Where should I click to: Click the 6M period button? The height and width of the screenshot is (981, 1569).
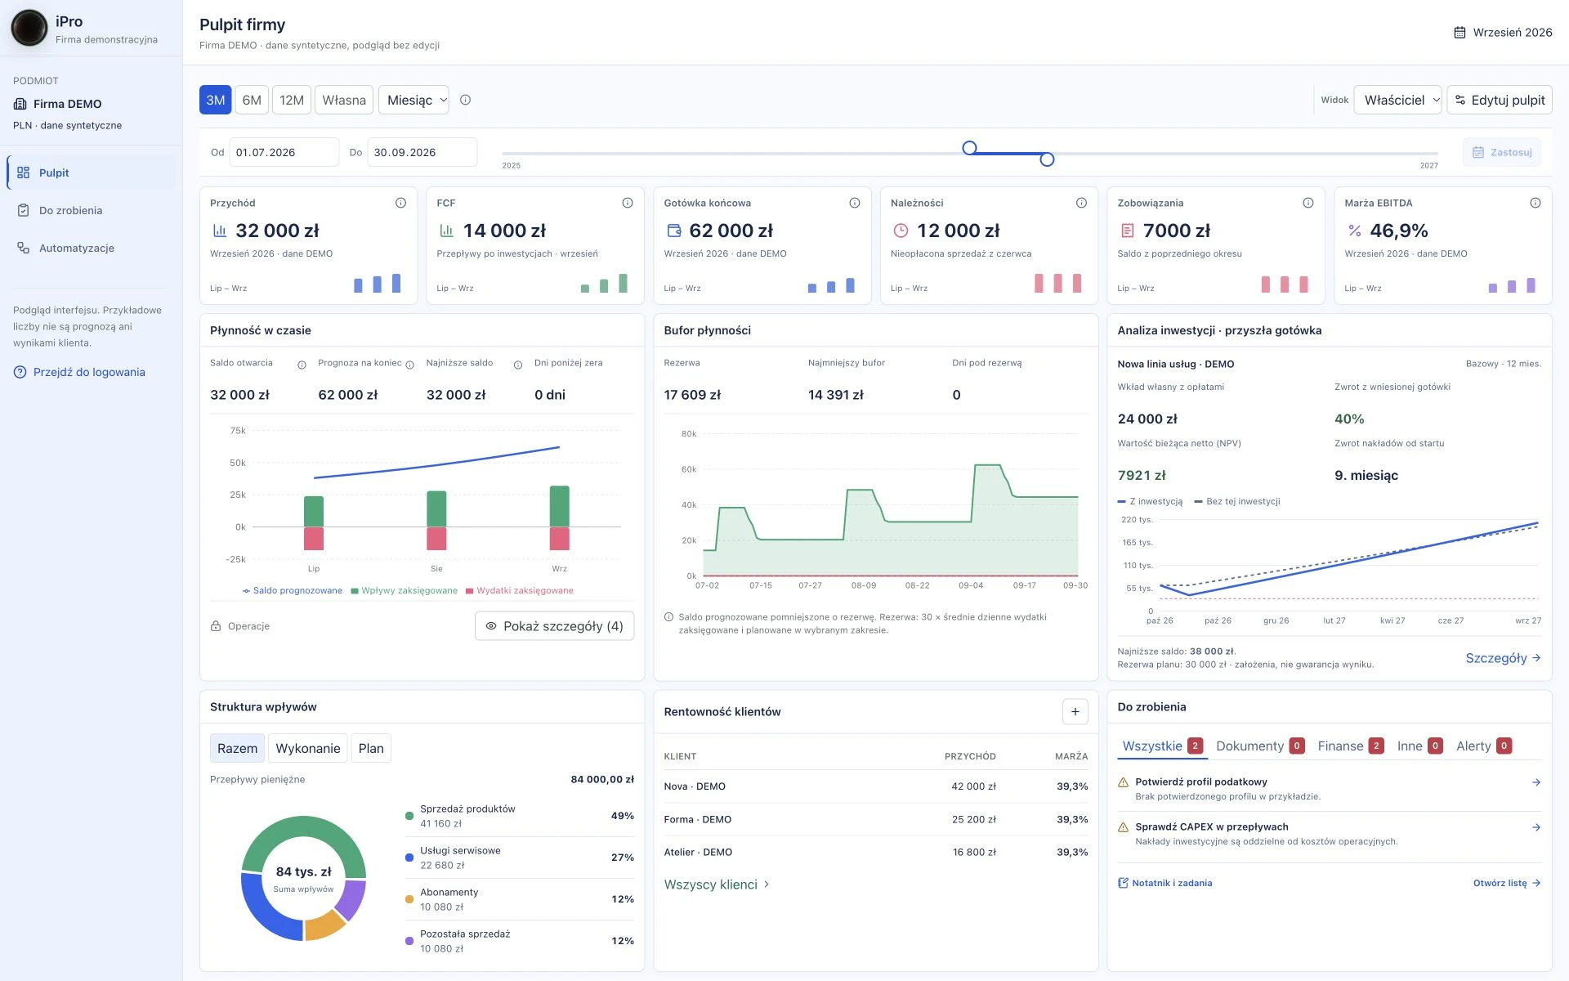pyautogui.click(x=252, y=100)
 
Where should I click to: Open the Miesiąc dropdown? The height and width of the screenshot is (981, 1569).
pyautogui.click(x=413, y=100)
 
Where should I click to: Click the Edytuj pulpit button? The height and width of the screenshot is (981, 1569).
pyautogui.click(x=1500, y=100)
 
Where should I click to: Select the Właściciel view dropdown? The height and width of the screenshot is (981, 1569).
pyautogui.click(x=1397, y=100)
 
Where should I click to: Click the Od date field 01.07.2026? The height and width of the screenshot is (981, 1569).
pyautogui.click(x=284, y=152)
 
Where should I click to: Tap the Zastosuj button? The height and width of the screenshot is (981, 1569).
pyautogui.click(x=1502, y=152)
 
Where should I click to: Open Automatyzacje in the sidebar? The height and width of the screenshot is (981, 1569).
pyautogui.click(x=77, y=248)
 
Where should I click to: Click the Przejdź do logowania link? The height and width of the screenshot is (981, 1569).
pyautogui.click(x=89, y=372)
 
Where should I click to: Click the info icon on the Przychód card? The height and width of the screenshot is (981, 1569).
pyautogui.click(x=400, y=203)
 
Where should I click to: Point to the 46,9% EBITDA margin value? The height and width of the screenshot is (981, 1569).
pyautogui.click(x=1399, y=231)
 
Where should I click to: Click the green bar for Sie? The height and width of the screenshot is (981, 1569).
pyautogui.click(x=436, y=509)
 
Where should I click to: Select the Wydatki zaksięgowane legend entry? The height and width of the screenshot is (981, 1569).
pyautogui.click(x=520, y=590)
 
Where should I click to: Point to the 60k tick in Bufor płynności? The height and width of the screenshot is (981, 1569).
pyautogui.click(x=689, y=469)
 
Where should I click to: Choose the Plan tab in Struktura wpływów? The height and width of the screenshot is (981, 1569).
pyautogui.click(x=371, y=748)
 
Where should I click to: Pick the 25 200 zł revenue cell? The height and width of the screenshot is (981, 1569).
pyautogui.click(x=974, y=819)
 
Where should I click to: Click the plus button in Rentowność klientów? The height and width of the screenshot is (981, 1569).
pyautogui.click(x=1075, y=712)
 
